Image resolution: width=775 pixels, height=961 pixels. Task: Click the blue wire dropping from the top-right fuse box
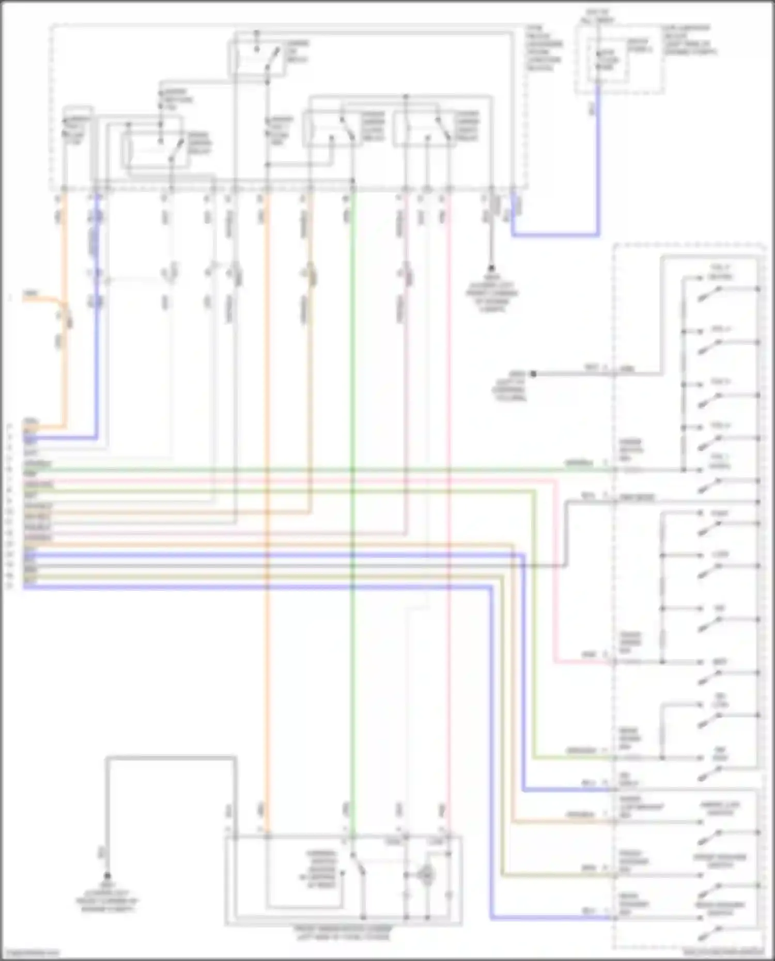pyautogui.click(x=598, y=165)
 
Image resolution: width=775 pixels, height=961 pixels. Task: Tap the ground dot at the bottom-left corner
pyautogui.click(x=107, y=876)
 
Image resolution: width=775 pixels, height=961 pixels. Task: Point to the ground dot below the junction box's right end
pyautogui.click(x=491, y=269)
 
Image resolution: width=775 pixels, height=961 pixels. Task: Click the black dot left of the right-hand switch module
pyautogui.click(x=533, y=373)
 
